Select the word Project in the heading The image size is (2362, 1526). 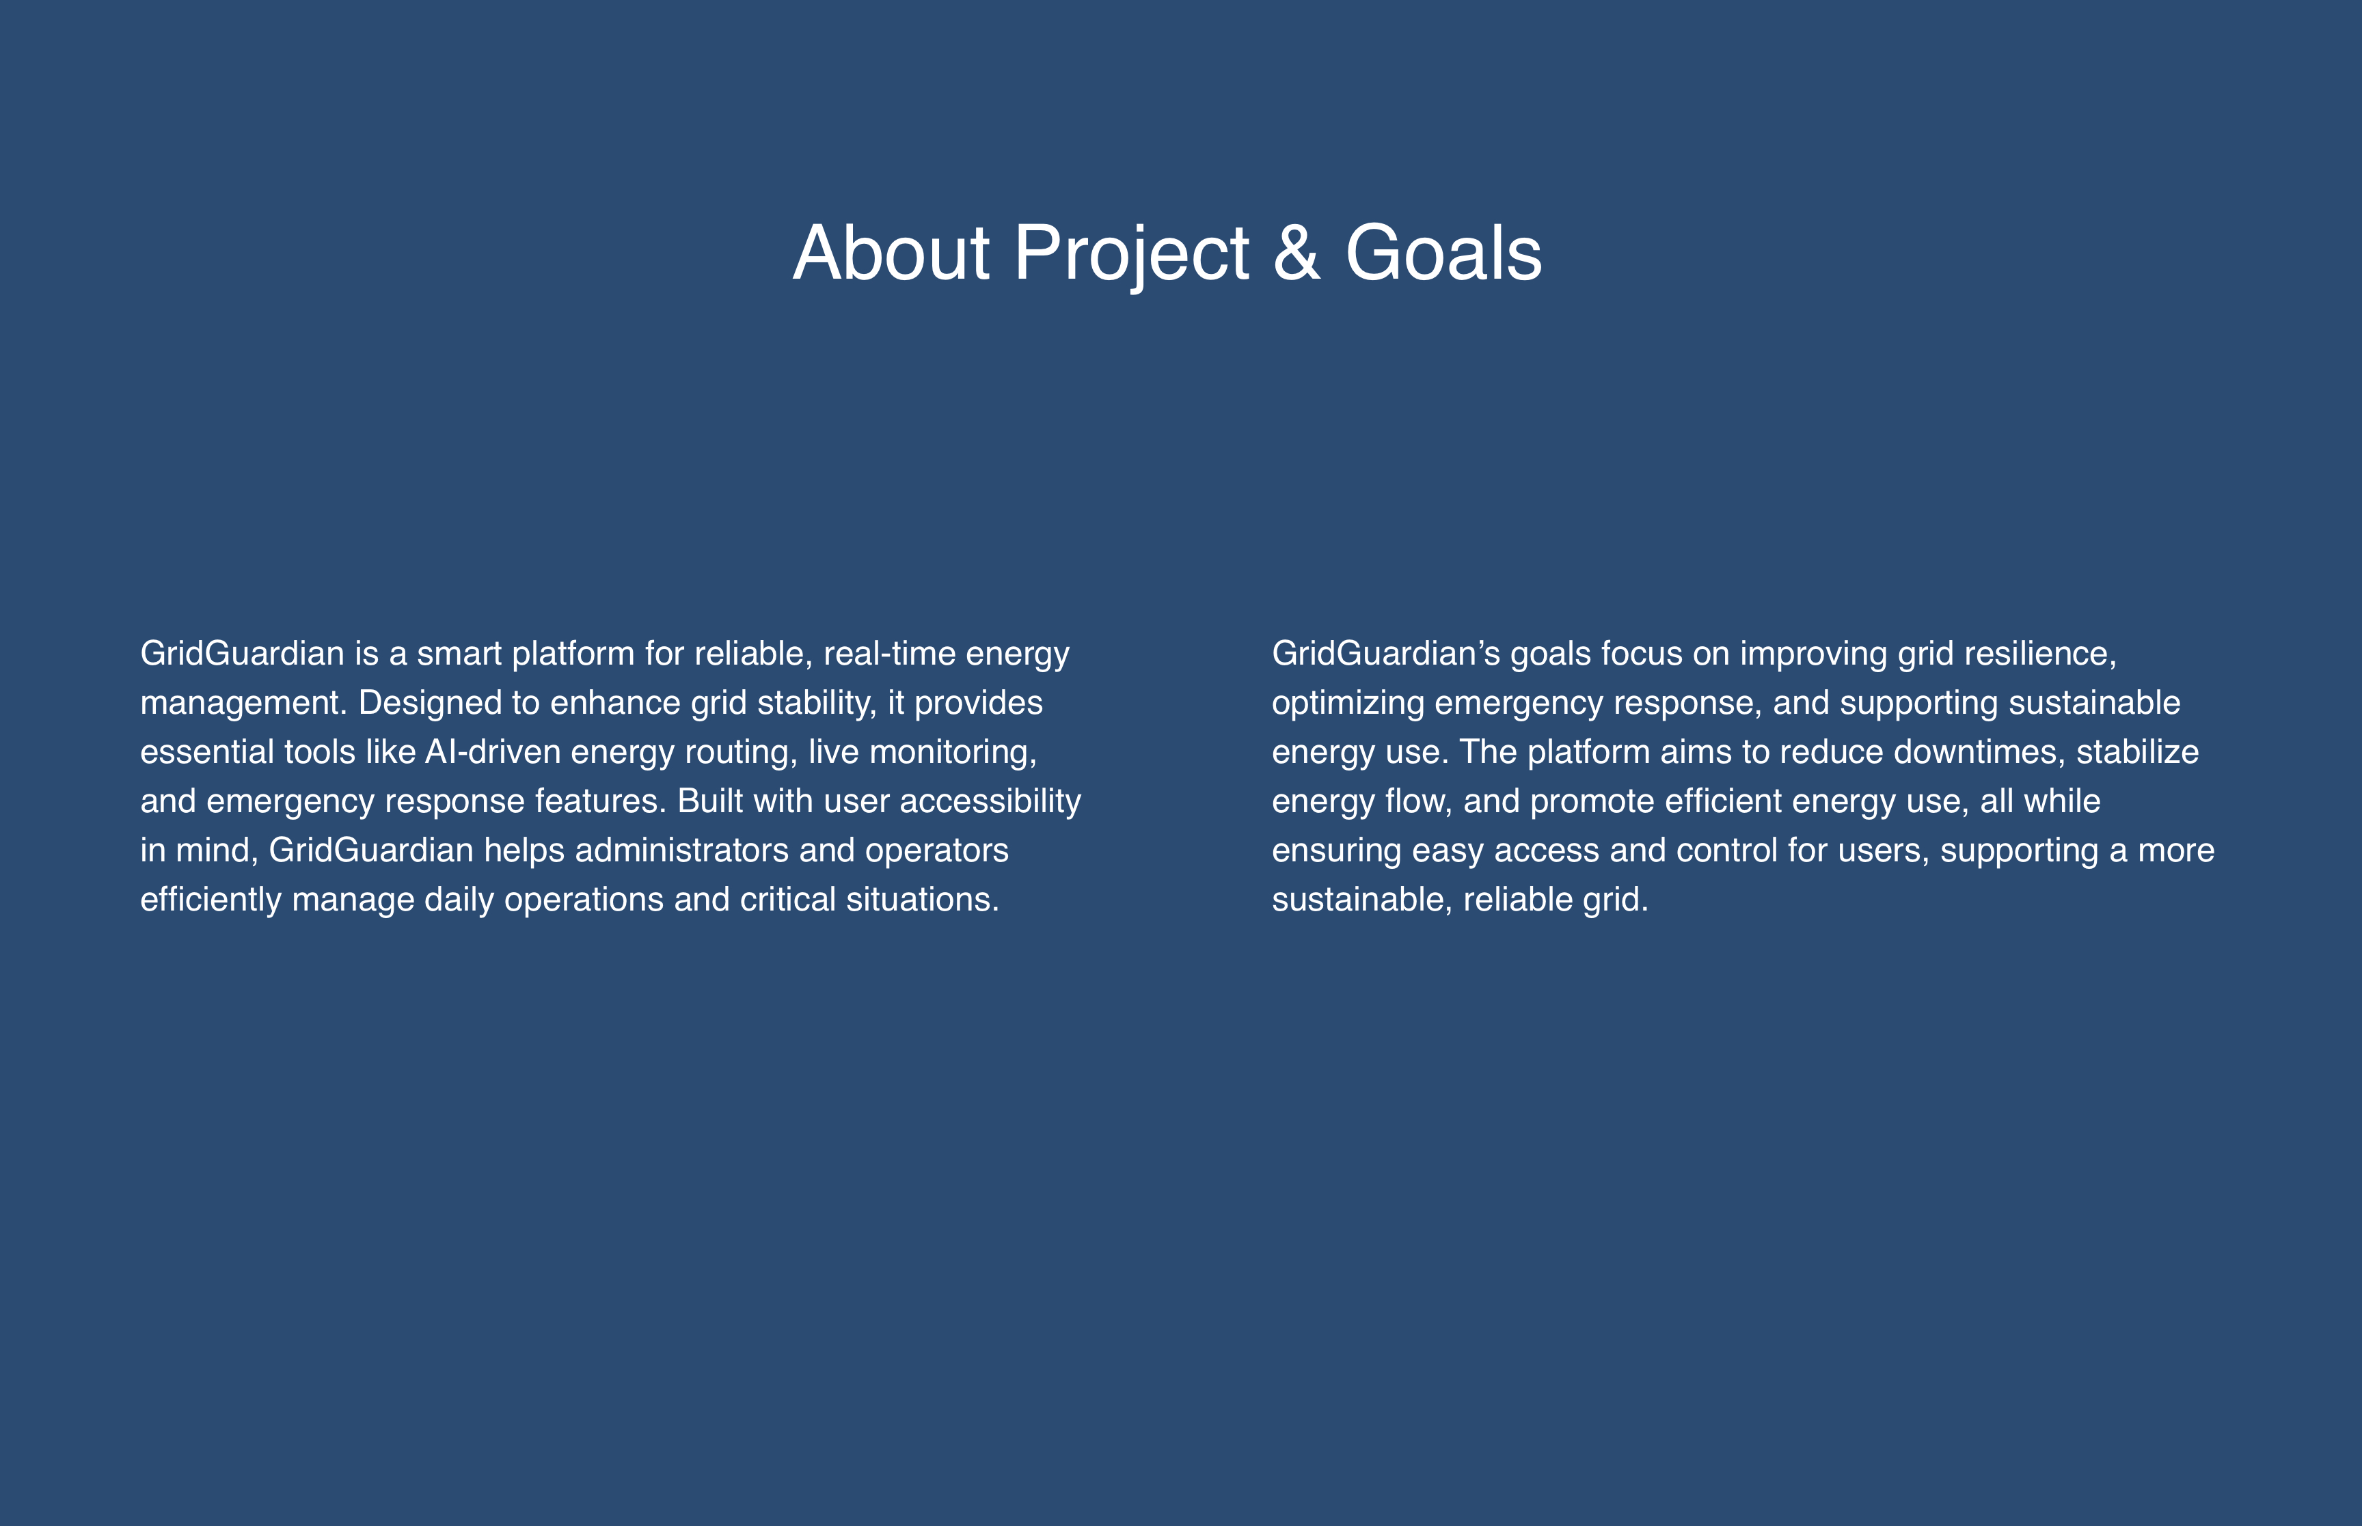point(1131,255)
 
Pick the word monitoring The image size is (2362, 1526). point(953,752)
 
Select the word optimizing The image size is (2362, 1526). point(1348,704)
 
